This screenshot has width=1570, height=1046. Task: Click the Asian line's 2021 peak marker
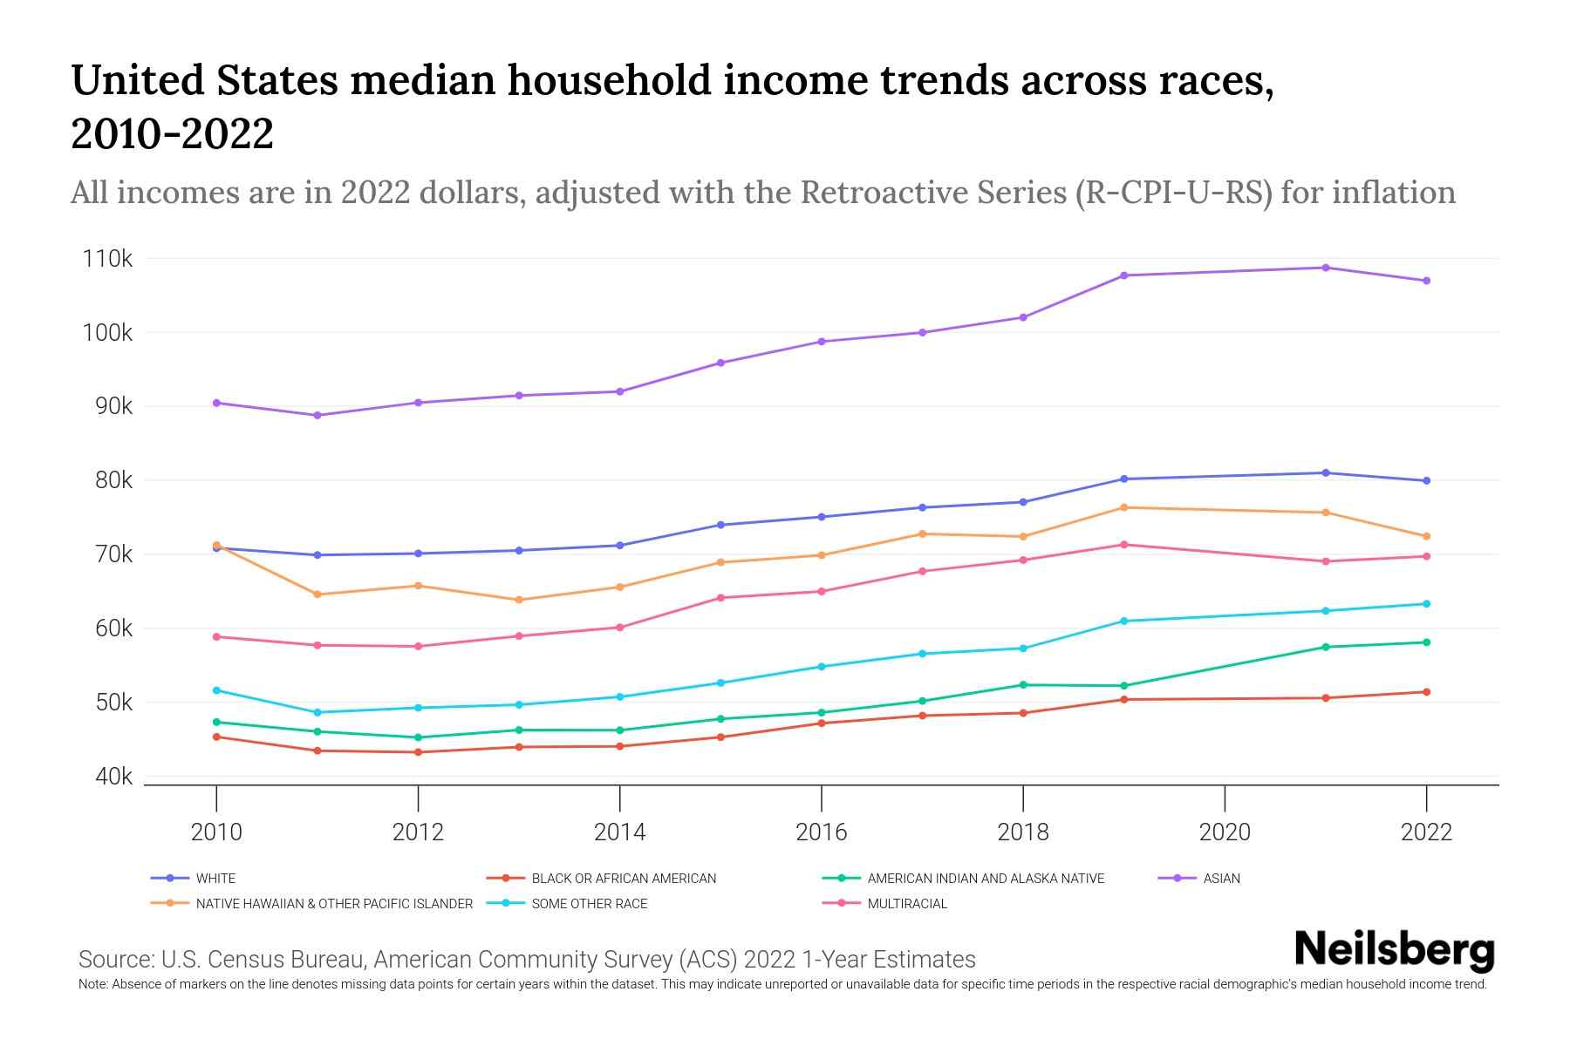(1326, 268)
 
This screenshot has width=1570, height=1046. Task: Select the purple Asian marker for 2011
(317, 416)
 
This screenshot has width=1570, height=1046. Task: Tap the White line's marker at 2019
(1124, 479)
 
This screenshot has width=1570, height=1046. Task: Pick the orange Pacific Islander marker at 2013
(519, 600)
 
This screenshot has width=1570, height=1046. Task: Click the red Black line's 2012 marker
(418, 752)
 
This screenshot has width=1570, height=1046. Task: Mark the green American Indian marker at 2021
(1326, 647)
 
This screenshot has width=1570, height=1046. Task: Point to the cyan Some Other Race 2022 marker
(1427, 604)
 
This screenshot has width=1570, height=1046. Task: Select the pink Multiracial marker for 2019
(1124, 545)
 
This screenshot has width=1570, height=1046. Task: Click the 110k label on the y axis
(107, 259)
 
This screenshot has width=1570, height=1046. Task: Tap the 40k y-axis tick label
(113, 777)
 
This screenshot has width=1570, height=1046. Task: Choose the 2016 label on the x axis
(821, 832)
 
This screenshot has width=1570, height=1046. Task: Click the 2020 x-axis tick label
(1225, 832)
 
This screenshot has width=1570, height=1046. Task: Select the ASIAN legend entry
(1221, 879)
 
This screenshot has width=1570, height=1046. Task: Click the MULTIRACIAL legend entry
(907, 904)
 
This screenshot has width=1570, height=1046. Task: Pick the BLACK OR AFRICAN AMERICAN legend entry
(624, 879)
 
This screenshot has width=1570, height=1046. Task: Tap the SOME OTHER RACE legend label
(590, 904)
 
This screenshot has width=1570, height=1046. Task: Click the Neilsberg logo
(1394, 950)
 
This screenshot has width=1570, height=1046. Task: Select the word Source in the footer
(114, 960)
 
